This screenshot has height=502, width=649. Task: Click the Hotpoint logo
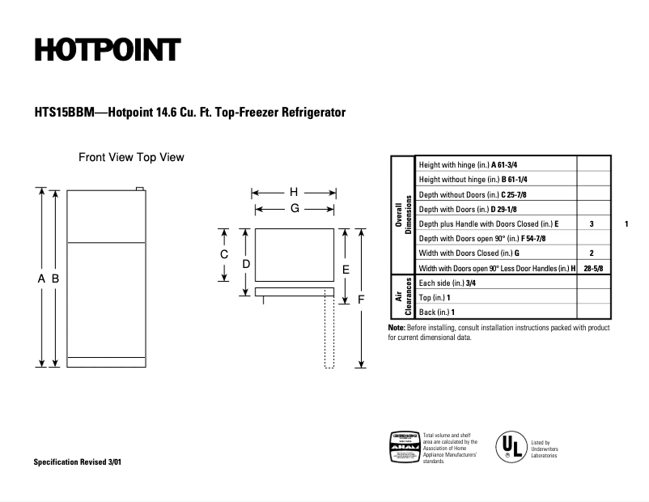tap(106, 51)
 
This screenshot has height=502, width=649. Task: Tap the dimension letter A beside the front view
tap(41, 279)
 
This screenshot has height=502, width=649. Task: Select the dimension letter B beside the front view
tap(55, 279)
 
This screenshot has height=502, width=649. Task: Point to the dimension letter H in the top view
tap(294, 193)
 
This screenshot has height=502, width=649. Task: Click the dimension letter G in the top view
tap(295, 208)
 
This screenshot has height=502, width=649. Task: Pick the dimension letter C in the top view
tap(225, 254)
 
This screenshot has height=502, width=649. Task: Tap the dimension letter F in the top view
tap(362, 299)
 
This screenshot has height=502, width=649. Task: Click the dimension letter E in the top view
tap(346, 269)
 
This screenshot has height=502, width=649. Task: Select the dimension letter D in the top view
tap(246, 264)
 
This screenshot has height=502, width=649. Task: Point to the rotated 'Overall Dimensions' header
tap(403, 214)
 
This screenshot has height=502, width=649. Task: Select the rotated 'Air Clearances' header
tap(402, 297)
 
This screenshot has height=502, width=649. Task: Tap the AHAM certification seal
tap(405, 447)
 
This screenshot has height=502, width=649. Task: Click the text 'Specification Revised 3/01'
tap(79, 462)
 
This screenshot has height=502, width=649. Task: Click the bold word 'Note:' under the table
tap(397, 327)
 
